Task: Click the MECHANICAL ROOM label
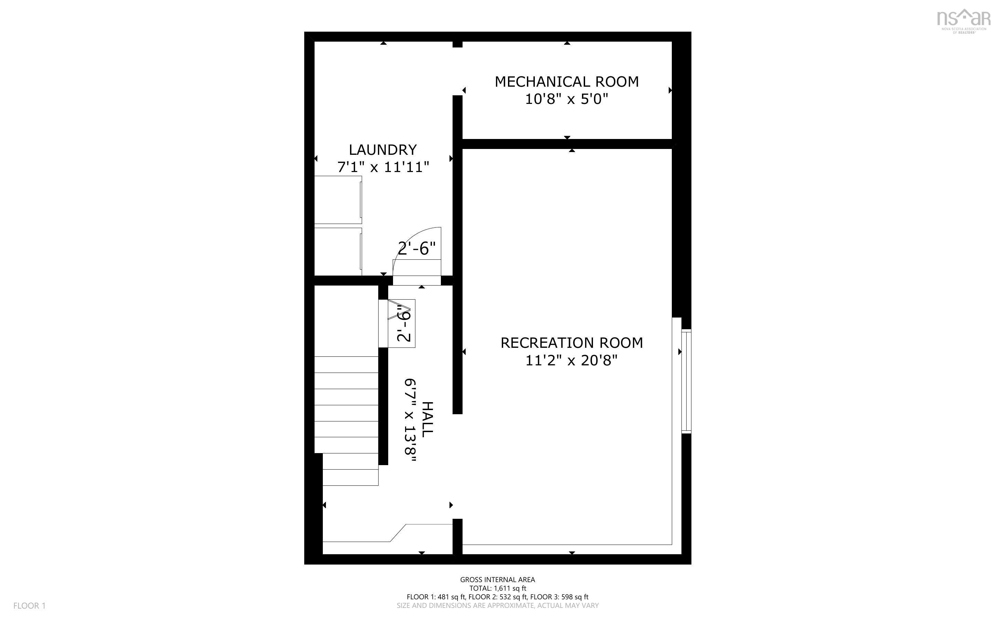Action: coord(566,82)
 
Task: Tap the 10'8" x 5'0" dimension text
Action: coord(566,99)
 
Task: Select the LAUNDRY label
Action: coord(383,150)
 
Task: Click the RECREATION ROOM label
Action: coord(571,343)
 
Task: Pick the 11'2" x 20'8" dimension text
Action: coord(571,361)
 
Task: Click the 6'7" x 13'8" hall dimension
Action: coord(411,420)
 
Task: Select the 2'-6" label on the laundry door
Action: coord(416,248)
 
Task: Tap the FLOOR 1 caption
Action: coord(29,605)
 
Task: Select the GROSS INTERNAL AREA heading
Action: coord(497,580)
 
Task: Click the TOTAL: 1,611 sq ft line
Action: coord(497,588)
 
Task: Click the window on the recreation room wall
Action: coord(686,381)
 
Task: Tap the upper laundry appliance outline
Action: coord(338,200)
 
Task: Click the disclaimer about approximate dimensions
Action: coord(497,605)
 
